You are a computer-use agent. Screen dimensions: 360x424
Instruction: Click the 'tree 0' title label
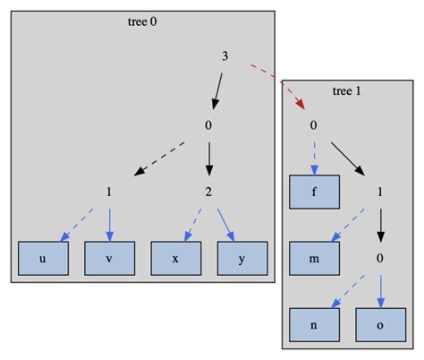coord(142,21)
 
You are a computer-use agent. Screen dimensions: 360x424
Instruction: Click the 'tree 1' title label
coord(347,90)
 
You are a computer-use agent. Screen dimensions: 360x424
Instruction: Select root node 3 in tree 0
coord(225,56)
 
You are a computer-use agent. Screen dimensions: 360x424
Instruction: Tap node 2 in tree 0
coord(208,192)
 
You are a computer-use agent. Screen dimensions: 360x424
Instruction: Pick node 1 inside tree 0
coord(109,192)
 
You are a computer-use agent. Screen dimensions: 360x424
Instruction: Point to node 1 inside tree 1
coord(380,192)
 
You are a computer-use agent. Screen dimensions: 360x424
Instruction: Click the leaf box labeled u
coord(43,258)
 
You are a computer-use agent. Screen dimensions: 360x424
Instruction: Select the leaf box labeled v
coord(109,258)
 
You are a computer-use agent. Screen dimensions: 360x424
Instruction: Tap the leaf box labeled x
coord(175,258)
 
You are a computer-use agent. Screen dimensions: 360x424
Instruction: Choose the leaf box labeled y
coord(242,258)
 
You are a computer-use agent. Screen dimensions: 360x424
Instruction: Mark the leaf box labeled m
coord(314,258)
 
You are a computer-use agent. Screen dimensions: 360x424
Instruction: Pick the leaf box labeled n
coord(314,325)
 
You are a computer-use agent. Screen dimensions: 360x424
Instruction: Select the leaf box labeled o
coord(380,325)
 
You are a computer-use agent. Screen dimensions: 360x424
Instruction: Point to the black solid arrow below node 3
coord(216,90)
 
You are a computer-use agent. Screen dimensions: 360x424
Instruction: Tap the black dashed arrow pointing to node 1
coord(158,158)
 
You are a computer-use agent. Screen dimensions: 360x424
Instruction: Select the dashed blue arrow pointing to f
coord(314,157)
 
